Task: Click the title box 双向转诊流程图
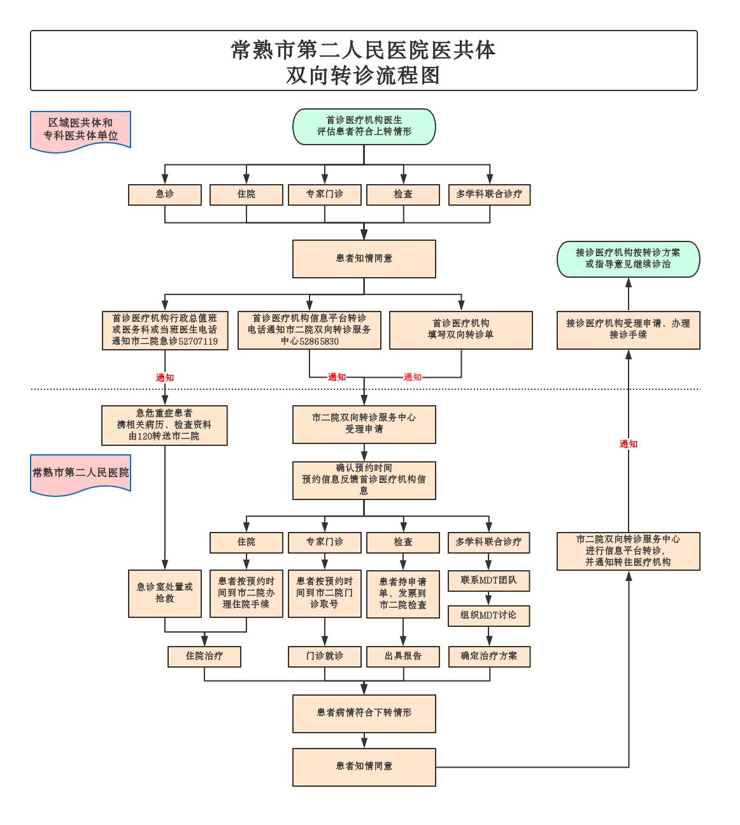tap(364, 61)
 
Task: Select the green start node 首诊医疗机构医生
tap(364, 126)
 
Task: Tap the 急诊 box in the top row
tap(165, 194)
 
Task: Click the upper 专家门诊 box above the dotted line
tap(325, 194)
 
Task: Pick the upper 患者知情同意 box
tap(364, 259)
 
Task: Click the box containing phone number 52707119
tap(165, 330)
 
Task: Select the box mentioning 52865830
tap(310, 330)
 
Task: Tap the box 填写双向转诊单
tap(460, 330)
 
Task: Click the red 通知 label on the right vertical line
tap(628, 444)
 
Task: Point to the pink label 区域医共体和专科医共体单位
tap(80, 130)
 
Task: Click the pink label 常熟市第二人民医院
tap(80, 473)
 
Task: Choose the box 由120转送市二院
tap(164, 426)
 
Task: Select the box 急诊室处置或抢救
tap(165, 593)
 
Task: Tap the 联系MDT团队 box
tap(488, 580)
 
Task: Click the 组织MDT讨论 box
tap(488, 615)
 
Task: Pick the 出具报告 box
tap(403, 656)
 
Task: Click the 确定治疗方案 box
tap(488, 656)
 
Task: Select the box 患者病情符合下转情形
tap(364, 713)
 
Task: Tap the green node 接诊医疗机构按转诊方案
tap(628, 259)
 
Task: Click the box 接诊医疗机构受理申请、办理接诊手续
tap(628, 330)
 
